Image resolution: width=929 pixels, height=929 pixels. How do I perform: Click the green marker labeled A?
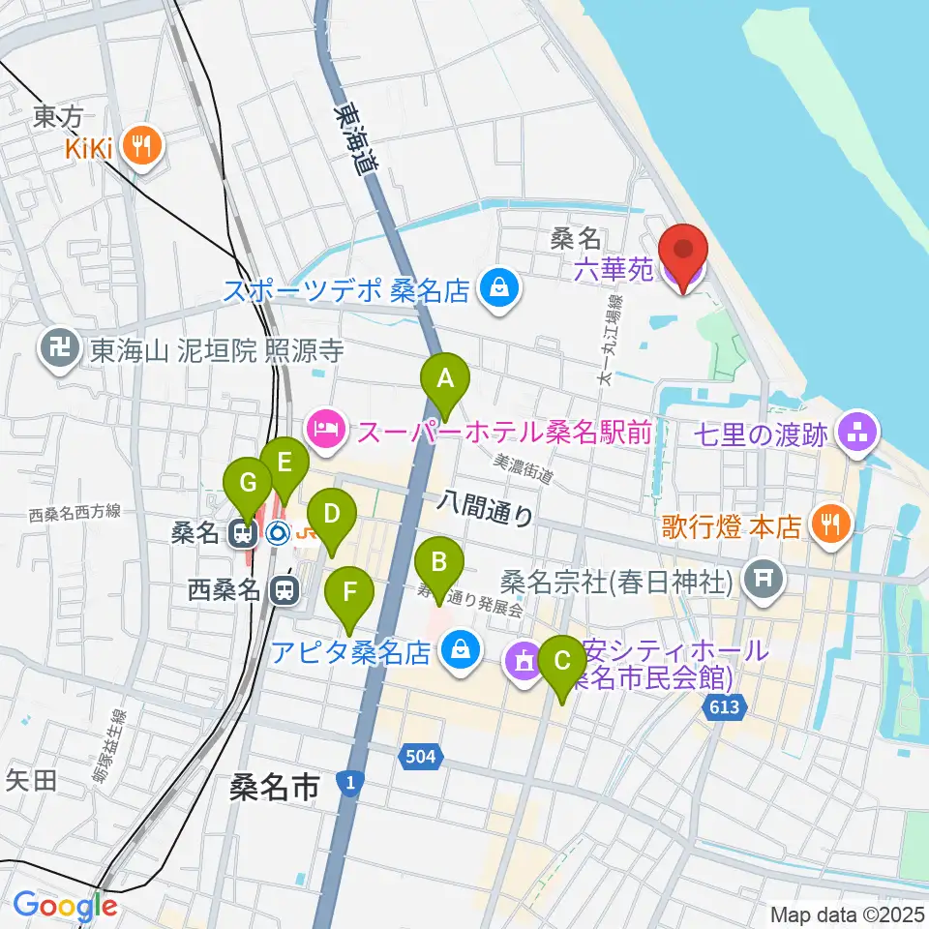coord(444,378)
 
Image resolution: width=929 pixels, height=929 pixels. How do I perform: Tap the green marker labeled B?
coord(438,560)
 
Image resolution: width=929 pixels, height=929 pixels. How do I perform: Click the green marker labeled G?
coord(246,483)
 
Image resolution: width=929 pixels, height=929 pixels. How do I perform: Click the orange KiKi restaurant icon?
coord(147,147)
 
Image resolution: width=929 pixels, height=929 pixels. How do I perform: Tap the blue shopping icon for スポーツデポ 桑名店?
coord(499,289)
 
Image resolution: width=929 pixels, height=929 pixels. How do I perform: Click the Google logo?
coord(65,907)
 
